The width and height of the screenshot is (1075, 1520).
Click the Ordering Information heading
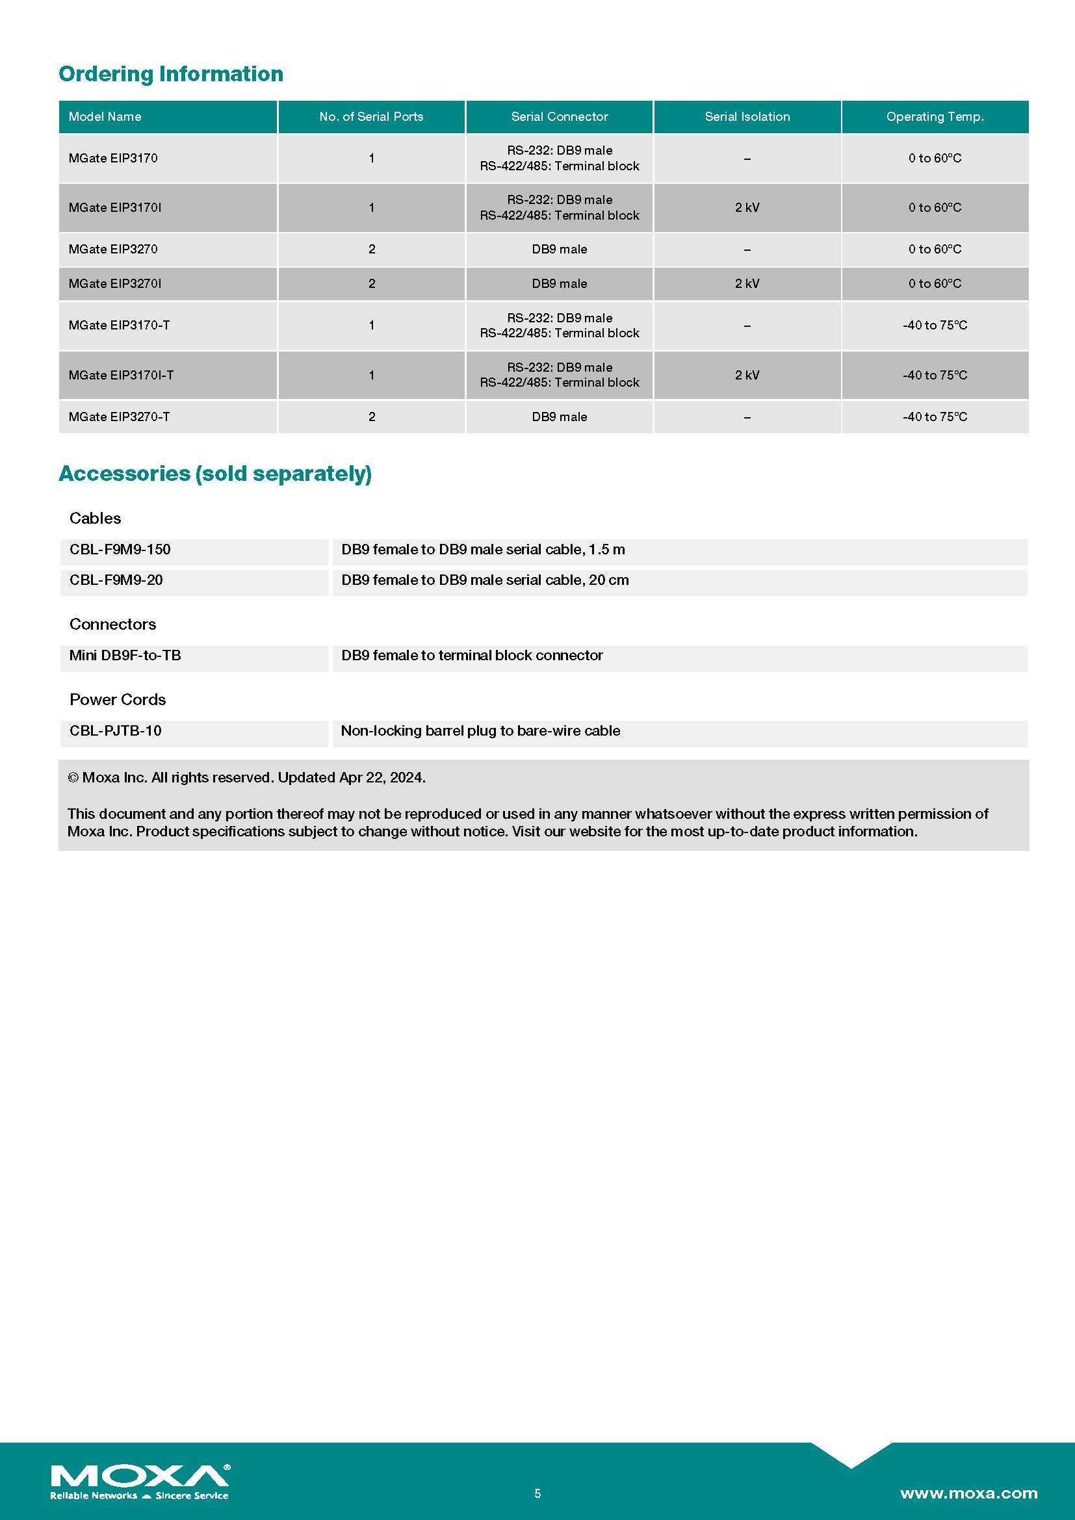(x=171, y=73)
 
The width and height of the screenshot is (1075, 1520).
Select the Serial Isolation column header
(x=747, y=116)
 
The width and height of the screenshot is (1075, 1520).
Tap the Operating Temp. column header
(x=935, y=116)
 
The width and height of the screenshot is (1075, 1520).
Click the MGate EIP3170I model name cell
(x=114, y=207)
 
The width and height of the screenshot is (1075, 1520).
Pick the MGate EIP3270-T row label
(x=119, y=417)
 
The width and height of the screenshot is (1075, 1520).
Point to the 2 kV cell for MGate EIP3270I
(x=747, y=283)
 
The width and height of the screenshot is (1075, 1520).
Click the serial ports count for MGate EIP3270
(x=371, y=249)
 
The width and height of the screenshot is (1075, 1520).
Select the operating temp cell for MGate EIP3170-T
(x=935, y=325)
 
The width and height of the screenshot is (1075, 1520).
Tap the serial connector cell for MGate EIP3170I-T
(x=560, y=375)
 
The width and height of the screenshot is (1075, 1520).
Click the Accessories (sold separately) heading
(x=215, y=473)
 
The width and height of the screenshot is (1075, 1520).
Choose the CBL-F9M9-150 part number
(x=120, y=550)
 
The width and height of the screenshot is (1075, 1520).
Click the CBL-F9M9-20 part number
(x=116, y=580)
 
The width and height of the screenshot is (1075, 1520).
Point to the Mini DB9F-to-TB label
(x=125, y=656)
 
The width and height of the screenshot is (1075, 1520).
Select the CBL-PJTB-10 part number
(x=115, y=731)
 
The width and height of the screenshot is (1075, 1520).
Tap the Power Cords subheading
(x=117, y=700)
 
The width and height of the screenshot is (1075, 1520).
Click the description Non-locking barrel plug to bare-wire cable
(x=480, y=731)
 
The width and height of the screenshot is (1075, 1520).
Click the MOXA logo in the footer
(x=140, y=1480)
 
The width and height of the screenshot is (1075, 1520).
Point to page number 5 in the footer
(x=537, y=1493)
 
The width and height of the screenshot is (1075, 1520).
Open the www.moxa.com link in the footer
(x=968, y=1493)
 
